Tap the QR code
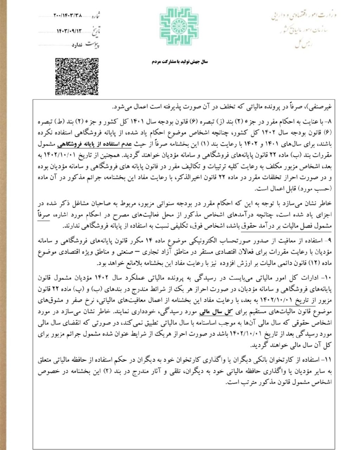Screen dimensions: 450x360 tap(77, 76)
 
